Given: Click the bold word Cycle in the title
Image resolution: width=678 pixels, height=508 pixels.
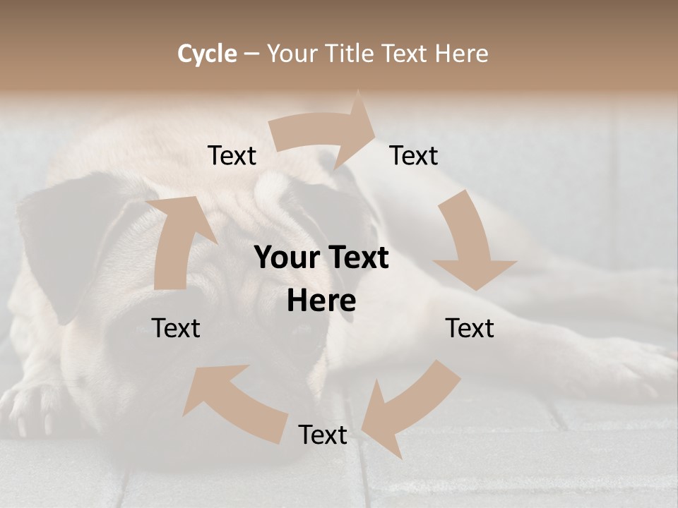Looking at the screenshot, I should pyautogui.click(x=207, y=54).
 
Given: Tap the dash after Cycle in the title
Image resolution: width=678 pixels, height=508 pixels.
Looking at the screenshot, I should pyautogui.click(x=252, y=54).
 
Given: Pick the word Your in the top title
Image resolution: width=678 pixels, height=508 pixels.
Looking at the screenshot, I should pyautogui.click(x=292, y=54).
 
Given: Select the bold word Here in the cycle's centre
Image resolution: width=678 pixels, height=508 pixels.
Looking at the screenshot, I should pyautogui.click(x=321, y=301).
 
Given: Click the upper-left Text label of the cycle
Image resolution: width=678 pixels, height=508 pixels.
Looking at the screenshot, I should pyautogui.click(x=232, y=156).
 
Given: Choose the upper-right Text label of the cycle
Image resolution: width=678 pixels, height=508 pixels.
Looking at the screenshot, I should pyautogui.click(x=414, y=156).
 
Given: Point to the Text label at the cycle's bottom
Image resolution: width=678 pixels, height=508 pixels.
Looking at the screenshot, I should pyautogui.click(x=323, y=435).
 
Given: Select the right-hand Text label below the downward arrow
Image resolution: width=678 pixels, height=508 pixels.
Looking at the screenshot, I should pyautogui.click(x=470, y=328).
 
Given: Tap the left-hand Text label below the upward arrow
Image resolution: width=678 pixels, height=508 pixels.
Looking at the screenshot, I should pyautogui.click(x=176, y=328).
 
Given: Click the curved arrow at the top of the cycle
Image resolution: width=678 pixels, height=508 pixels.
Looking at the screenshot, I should pyautogui.click(x=325, y=134).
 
